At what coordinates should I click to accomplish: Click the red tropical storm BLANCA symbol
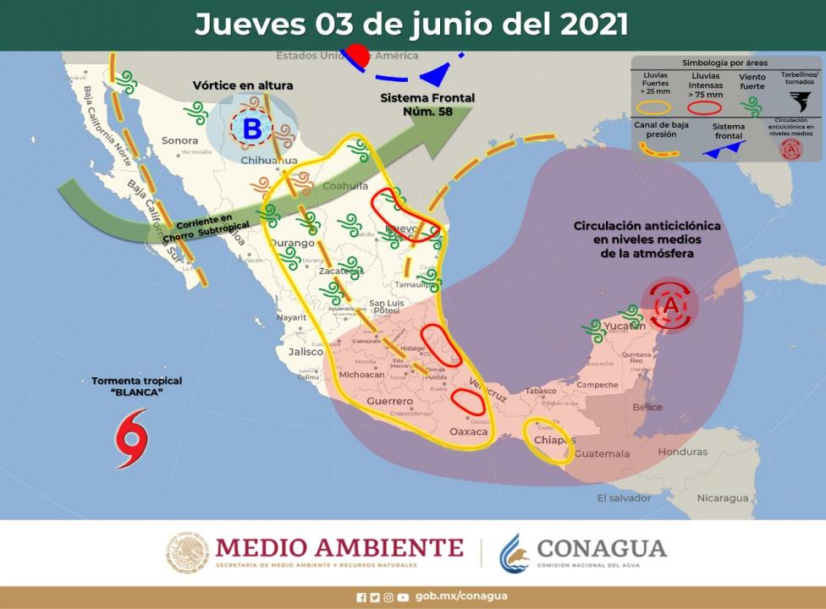[x=131, y=438]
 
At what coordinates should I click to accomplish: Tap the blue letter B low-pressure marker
[x=252, y=129]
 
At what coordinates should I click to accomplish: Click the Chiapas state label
[x=554, y=440]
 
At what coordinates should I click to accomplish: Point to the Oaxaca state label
[x=469, y=431]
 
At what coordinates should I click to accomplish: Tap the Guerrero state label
[x=389, y=401]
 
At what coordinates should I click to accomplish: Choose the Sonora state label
[x=179, y=140]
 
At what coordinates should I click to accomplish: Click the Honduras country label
[x=682, y=452]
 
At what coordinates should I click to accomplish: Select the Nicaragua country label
[x=723, y=497]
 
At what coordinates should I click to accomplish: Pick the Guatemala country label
[x=602, y=454]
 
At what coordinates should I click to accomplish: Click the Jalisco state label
[x=306, y=351]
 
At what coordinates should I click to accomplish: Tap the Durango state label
[x=291, y=244]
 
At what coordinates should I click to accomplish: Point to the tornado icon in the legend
[x=799, y=101]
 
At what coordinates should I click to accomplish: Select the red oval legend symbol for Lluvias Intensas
[x=706, y=107]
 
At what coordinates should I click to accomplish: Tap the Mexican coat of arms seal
[x=187, y=552]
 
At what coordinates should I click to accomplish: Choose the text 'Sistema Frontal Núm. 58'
[x=427, y=104]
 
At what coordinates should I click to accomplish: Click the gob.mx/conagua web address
[x=461, y=596]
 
